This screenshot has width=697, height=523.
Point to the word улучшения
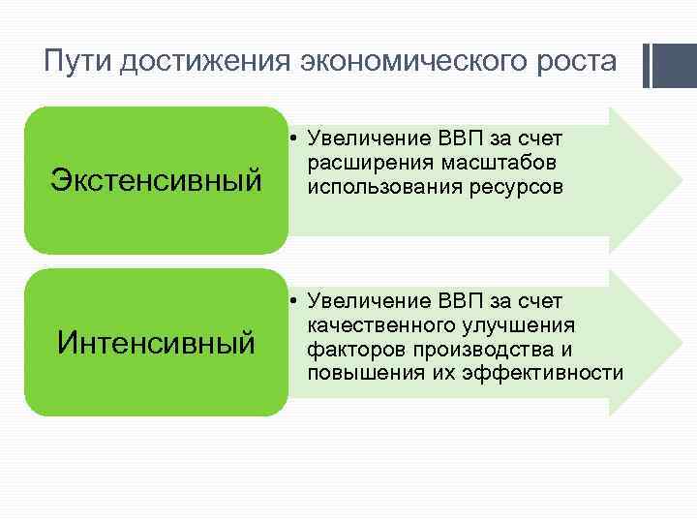[x=517, y=325]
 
